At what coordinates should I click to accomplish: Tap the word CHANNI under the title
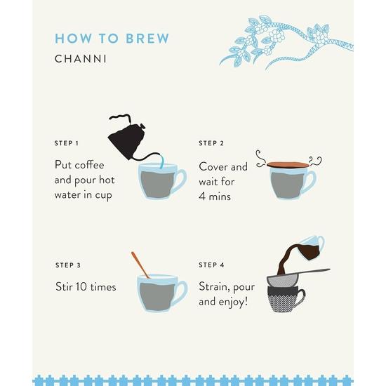click(x=81, y=58)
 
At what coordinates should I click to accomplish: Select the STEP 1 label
click(x=67, y=143)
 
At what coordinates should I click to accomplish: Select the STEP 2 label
click(x=211, y=143)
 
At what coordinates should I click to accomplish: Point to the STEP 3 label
click(x=68, y=265)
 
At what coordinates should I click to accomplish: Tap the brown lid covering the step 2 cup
click(x=288, y=164)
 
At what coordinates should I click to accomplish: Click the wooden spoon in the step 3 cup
click(x=140, y=265)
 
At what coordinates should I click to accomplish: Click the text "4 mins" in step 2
click(x=215, y=197)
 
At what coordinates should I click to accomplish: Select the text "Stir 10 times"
click(x=86, y=286)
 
